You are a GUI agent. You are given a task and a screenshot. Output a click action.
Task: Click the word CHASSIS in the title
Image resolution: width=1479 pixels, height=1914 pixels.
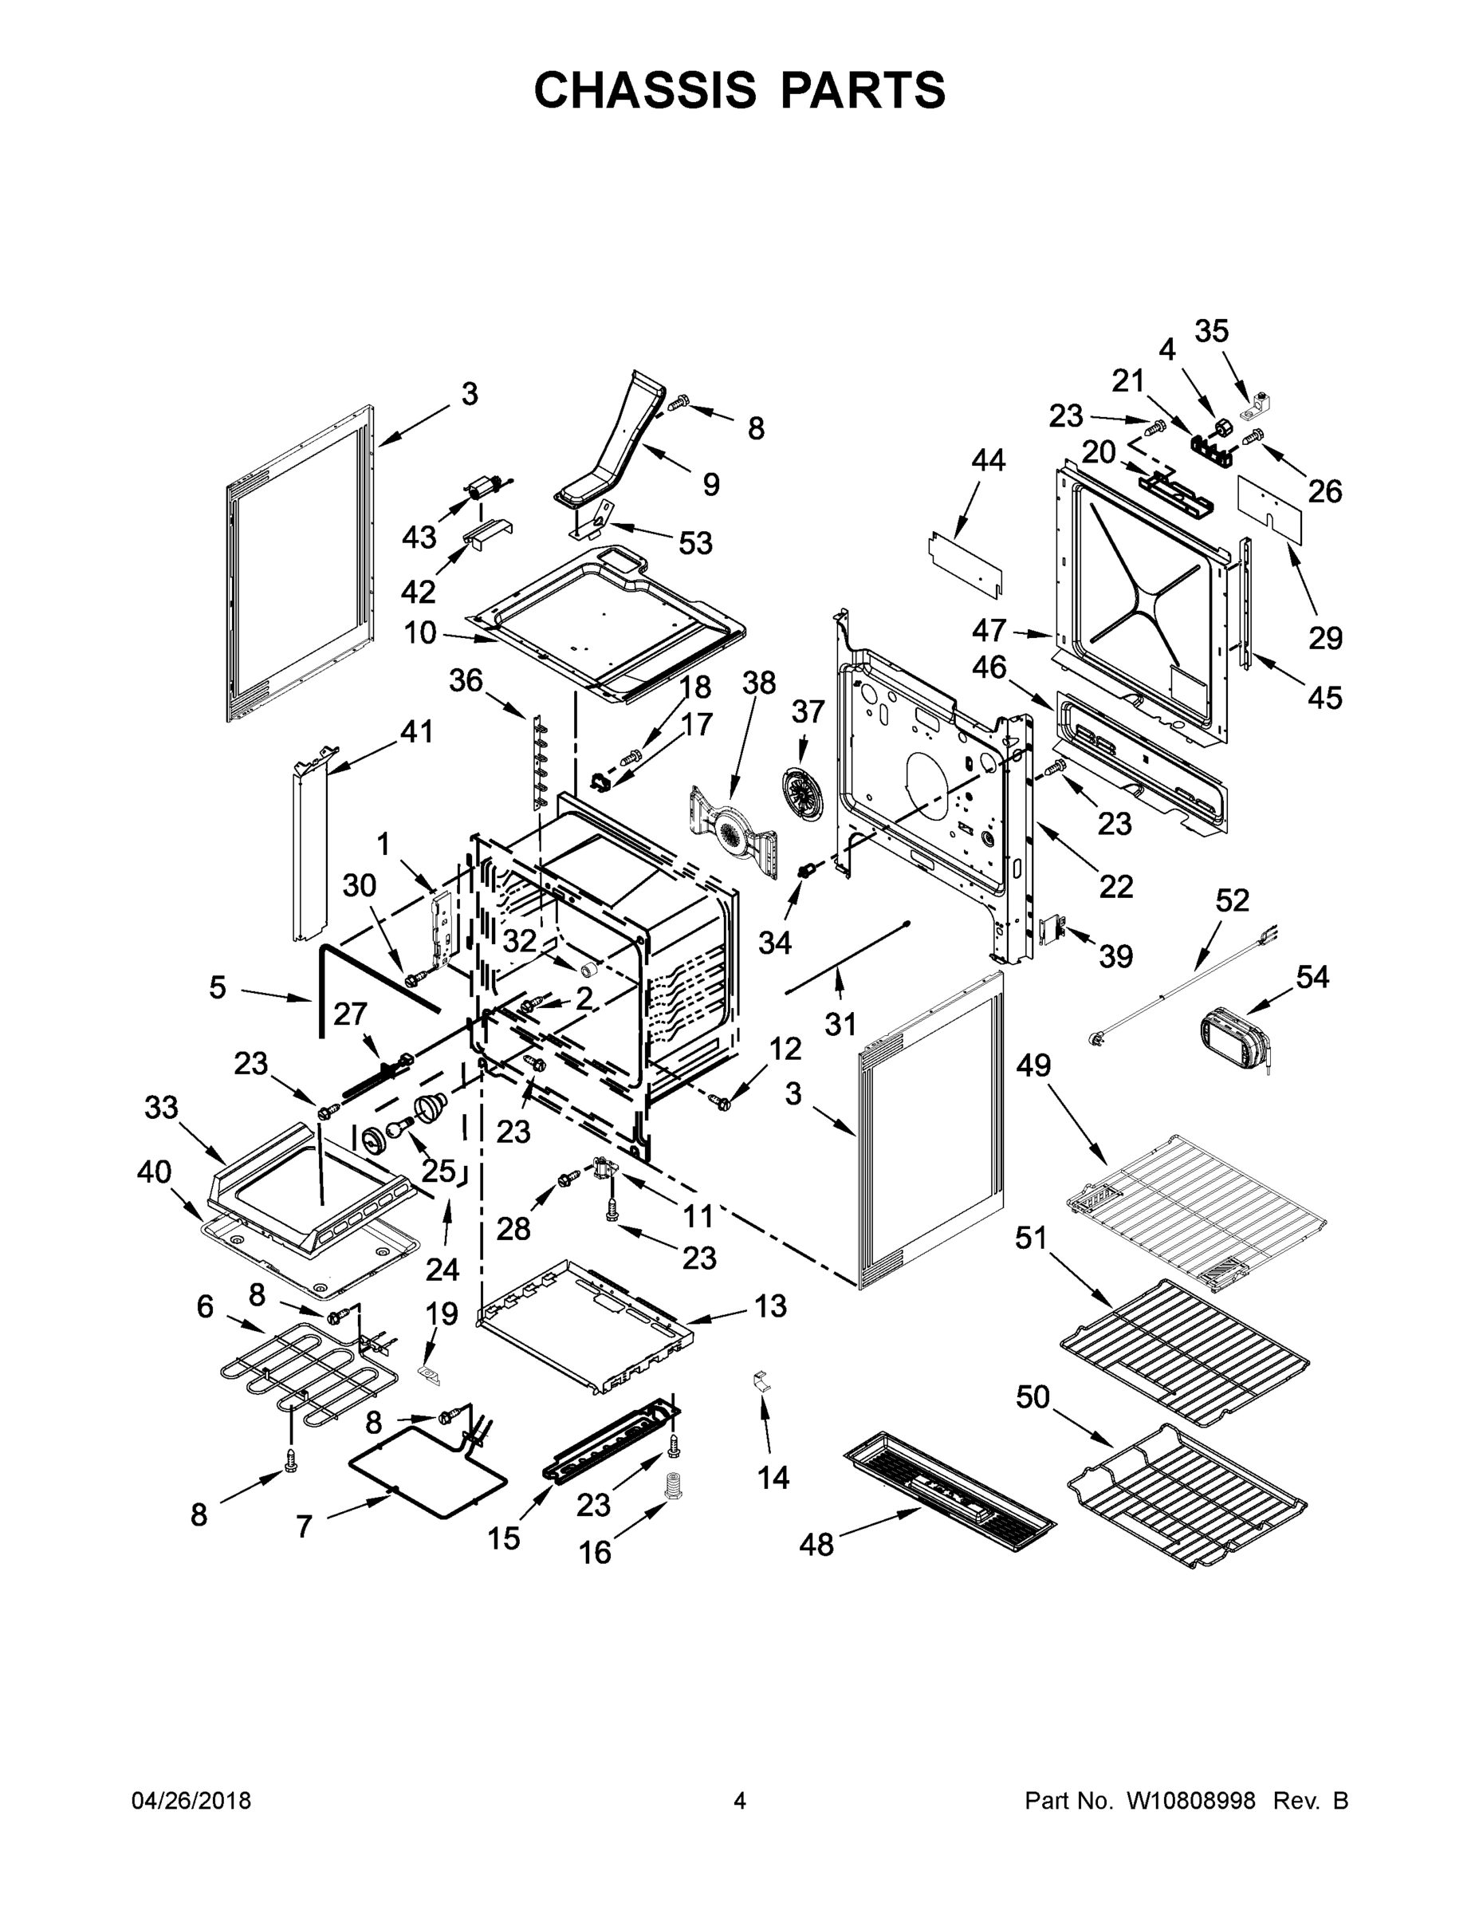(645, 90)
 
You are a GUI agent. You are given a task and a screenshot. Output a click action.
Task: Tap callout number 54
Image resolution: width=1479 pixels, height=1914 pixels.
(1312, 976)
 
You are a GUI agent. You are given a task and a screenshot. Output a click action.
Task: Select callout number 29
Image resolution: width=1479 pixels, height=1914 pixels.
(1325, 638)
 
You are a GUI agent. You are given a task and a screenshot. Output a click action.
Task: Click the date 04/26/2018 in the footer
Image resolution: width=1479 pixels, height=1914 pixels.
(191, 1801)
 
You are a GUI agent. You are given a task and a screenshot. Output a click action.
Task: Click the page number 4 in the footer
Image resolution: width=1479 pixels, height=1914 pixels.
(740, 1801)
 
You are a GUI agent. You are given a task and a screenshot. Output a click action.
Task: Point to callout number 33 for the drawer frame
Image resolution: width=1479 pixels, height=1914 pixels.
(161, 1107)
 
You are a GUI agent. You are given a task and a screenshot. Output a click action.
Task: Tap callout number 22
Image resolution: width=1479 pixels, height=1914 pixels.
(1115, 886)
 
